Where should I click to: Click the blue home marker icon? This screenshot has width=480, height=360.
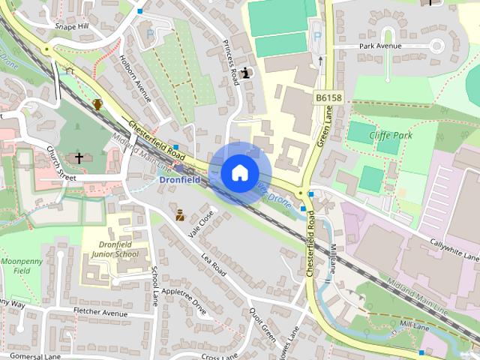click(239, 172)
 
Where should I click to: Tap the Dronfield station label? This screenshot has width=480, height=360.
click(179, 180)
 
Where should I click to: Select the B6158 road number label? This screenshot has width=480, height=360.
click(327, 97)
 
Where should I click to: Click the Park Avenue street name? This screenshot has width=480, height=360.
click(379, 46)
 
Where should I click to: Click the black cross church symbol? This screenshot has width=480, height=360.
click(79, 158)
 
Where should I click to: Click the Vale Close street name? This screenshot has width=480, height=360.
click(202, 223)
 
